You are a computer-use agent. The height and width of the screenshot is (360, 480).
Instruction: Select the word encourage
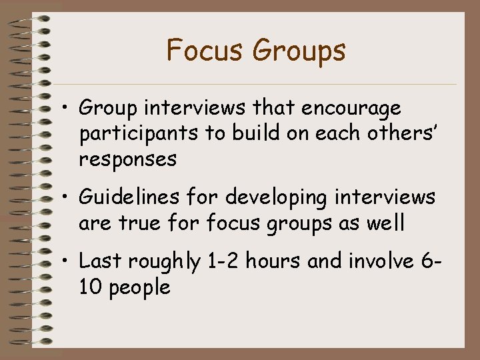352,109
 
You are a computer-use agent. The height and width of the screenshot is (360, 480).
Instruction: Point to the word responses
127,161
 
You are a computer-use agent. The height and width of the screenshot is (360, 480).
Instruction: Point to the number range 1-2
221,261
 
